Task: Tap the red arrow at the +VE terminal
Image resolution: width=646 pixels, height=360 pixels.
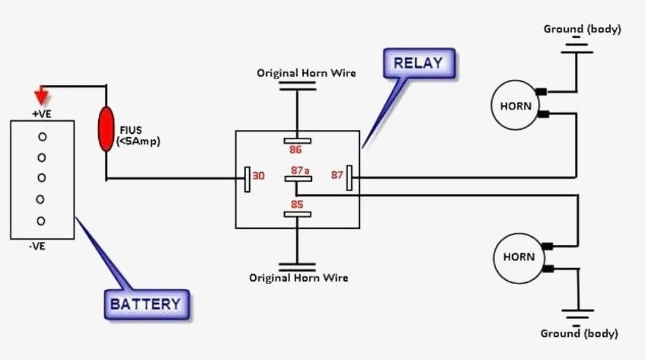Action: pos(42,98)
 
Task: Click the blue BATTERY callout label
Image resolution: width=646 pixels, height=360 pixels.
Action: pos(145,304)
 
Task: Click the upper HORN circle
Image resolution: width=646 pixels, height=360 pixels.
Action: pos(515,105)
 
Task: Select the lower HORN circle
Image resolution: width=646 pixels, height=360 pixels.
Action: pos(519,257)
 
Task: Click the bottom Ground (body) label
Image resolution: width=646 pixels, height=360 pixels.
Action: pos(579,334)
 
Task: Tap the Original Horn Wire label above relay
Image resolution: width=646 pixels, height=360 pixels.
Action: pos(306,73)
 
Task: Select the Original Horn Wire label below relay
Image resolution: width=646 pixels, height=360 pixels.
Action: pos(298,278)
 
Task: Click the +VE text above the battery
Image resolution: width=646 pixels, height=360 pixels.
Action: pos(42,113)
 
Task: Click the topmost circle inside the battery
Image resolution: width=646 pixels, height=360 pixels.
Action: pos(42,136)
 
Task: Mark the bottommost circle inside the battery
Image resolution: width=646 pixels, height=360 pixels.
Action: pos(42,221)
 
